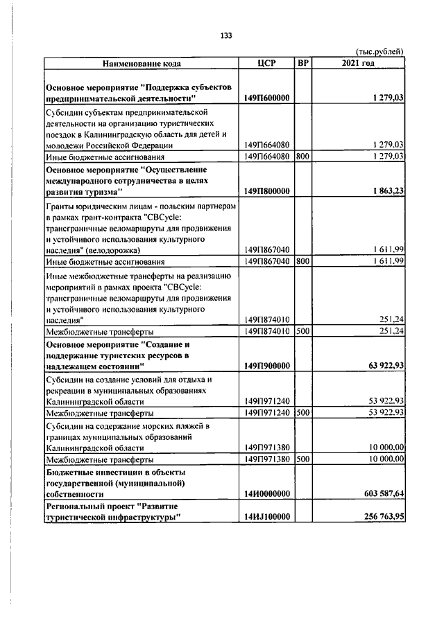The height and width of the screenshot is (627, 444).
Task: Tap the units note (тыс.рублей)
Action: [379, 52]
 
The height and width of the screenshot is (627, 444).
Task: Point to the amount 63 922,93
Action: [382, 365]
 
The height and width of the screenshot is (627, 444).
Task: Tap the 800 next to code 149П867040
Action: [302, 262]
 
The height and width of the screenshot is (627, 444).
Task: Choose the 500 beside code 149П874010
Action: [302, 331]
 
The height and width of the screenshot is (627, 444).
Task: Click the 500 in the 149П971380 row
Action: [302, 459]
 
